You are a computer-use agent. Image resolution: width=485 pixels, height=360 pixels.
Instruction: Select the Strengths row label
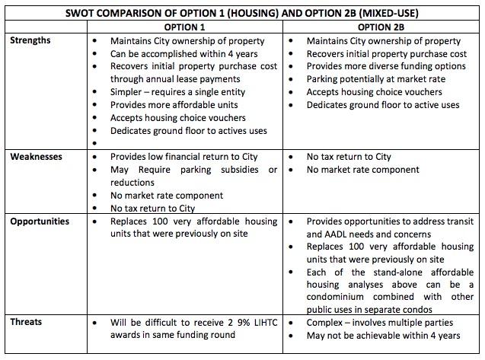click(30, 40)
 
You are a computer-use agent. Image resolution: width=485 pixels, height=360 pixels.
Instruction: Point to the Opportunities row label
click(40, 221)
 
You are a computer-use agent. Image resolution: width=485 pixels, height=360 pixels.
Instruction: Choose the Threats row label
click(27, 321)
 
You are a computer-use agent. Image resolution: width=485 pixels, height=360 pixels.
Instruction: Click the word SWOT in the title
click(85, 12)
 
